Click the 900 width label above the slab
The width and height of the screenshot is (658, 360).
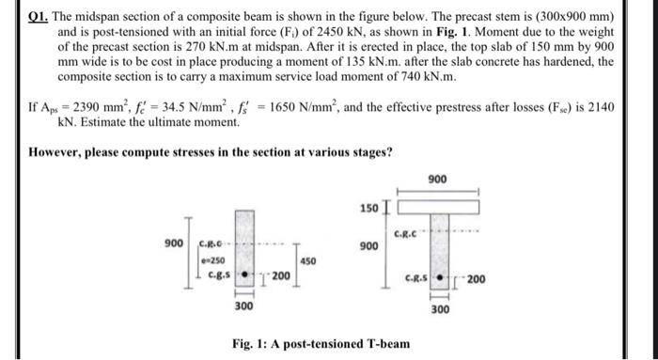[438, 178]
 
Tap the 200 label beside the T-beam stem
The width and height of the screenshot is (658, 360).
[477, 279]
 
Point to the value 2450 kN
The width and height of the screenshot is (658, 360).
[352, 32]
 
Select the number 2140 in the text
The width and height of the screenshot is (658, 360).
[598, 107]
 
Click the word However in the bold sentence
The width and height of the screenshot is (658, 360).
[56, 152]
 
